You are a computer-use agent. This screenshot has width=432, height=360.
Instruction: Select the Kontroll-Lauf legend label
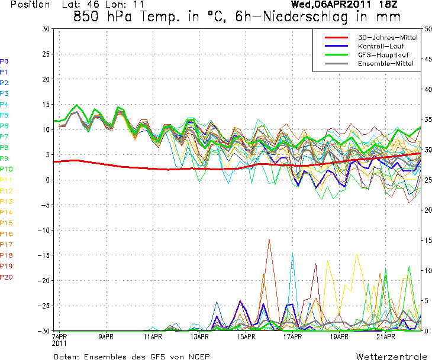pyautogui.click(x=377, y=46)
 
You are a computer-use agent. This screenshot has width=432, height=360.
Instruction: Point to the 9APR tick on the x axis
pyautogui.click(x=105, y=337)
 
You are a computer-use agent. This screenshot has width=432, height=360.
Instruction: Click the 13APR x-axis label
pyautogui.click(x=199, y=337)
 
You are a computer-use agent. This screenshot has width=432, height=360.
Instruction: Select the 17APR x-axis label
pyautogui.click(x=292, y=337)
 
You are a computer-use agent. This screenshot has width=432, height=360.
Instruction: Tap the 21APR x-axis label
pyautogui.click(x=385, y=337)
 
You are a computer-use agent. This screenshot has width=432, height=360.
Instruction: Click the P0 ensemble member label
pyautogui.click(x=4, y=61)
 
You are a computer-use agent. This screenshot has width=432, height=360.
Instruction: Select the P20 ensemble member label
pyautogui.click(x=7, y=277)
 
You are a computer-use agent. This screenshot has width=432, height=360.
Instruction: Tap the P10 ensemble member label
pyautogui.click(x=7, y=169)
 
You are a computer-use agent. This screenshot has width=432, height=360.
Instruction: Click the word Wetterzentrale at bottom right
pyautogui.click(x=391, y=356)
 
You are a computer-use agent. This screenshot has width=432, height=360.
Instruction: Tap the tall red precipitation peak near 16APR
pyautogui.click(x=269, y=240)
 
